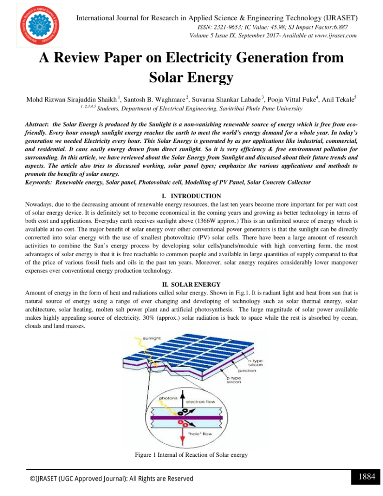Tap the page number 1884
point(367,477)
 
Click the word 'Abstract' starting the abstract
point(37,124)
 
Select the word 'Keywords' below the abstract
point(39,182)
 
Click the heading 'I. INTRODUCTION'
point(191,196)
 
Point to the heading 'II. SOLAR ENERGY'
point(191,284)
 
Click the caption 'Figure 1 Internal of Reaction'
point(191,455)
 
